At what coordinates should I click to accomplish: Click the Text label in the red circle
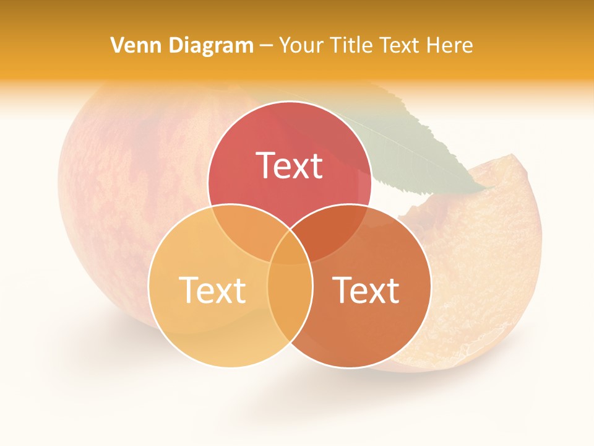[x=289, y=165]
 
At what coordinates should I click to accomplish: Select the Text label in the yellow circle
[x=212, y=290]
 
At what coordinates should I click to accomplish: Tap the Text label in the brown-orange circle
[x=366, y=290]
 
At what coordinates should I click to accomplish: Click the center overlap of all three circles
[x=290, y=248]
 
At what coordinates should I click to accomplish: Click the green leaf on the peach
[x=421, y=149]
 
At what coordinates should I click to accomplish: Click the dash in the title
[x=266, y=46]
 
